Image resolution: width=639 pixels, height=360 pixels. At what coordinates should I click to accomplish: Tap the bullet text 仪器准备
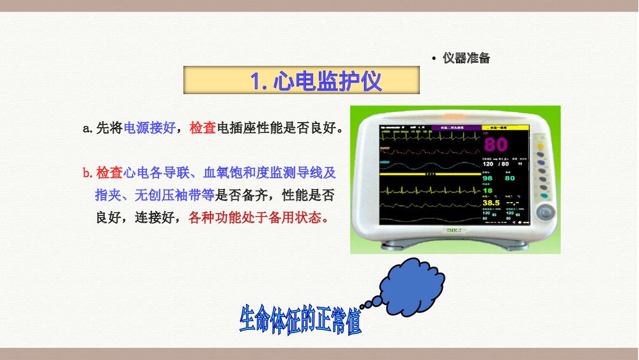pyautogui.click(x=466, y=58)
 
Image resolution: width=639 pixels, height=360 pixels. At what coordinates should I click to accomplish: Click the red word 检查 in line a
pyautogui.click(x=203, y=128)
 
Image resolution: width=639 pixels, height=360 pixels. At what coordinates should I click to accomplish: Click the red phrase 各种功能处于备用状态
pyautogui.click(x=259, y=217)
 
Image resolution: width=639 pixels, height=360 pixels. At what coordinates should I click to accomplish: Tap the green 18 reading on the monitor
pyautogui.click(x=488, y=190)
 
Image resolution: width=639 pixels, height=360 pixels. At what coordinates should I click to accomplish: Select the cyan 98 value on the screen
pyautogui.click(x=488, y=178)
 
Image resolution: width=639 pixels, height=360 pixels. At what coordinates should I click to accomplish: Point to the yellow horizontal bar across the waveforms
pyautogui.click(x=429, y=173)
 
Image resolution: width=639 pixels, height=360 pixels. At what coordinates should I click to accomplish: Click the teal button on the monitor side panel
pyautogui.click(x=543, y=196)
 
